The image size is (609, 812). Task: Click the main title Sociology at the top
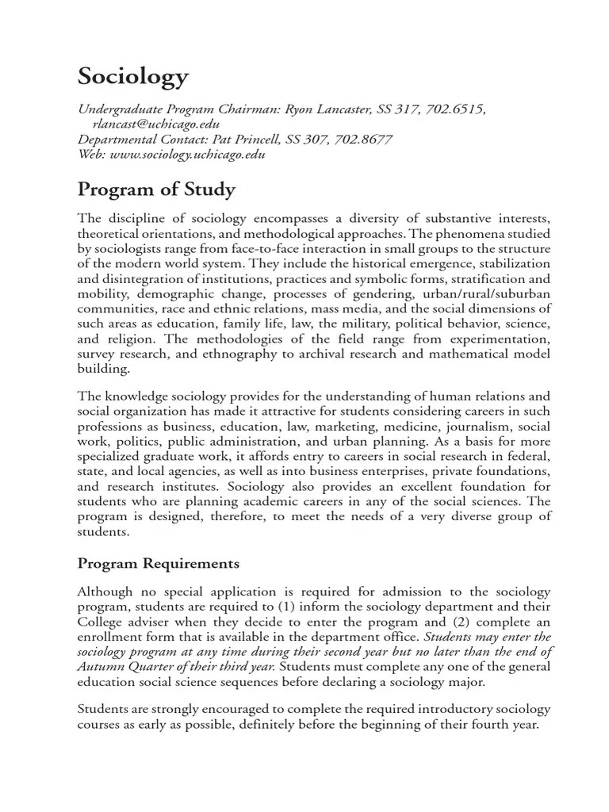point(133,77)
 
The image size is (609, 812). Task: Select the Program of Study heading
point(156,190)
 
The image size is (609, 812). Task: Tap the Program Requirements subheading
point(158,564)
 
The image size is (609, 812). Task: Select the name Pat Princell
point(234,140)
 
